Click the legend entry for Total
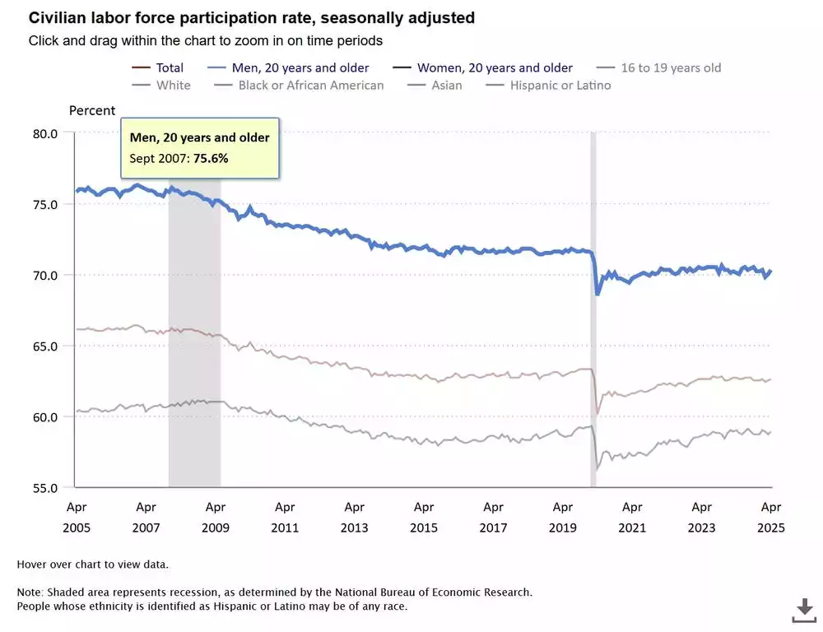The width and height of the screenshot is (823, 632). [170, 67]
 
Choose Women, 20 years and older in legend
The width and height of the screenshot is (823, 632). [495, 67]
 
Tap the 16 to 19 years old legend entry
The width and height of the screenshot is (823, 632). [671, 67]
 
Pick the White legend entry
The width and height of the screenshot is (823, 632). [173, 85]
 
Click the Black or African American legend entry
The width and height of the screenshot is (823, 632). [311, 85]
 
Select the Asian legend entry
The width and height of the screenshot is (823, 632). [445, 85]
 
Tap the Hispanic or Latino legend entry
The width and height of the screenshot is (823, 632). [560, 85]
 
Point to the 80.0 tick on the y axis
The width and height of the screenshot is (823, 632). [44, 133]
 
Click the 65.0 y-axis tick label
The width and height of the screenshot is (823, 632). [44, 346]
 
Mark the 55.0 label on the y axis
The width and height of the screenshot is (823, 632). [44, 487]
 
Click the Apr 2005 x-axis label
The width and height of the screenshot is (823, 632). [76, 518]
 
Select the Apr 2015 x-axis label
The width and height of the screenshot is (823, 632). [424, 518]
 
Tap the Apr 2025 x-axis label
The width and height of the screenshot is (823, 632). [771, 518]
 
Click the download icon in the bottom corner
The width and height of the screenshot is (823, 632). [803, 610]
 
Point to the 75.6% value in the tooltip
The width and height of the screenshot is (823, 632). [211, 158]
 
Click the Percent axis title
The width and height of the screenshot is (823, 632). [92, 110]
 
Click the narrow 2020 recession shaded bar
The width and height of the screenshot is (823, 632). [593, 370]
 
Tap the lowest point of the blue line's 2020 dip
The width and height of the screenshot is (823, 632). [597, 294]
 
